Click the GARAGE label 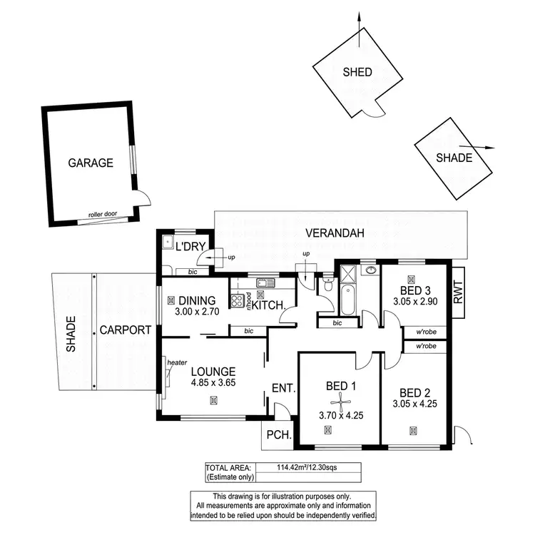point(91,163)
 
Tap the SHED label point(357,72)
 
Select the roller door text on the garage point(102,214)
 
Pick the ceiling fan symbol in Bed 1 point(342,400)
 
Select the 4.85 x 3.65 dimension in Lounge point(213,383)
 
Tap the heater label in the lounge point(177,362)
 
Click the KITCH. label point(270,305)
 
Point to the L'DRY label point(190,248)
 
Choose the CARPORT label point(125,330)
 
